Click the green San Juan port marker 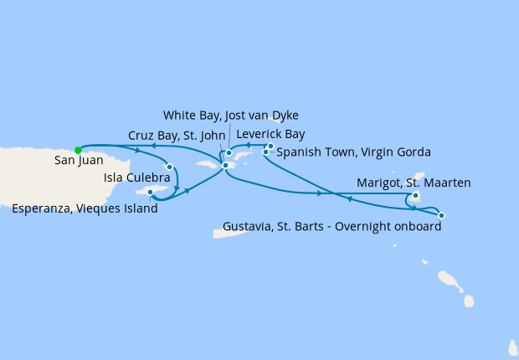point(78,150)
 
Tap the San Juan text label point(76,162)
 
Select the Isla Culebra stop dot point(170,167)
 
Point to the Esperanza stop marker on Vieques point(151,192)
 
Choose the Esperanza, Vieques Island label point(85,209)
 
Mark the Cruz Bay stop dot point(224,166)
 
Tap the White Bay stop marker point(229,153)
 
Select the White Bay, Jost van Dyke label point(230,116)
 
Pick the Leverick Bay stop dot point(270,146)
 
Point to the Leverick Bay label point(270,134)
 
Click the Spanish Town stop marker point(266,152)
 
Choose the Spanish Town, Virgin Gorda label point(353,152)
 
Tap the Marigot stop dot point(416,196)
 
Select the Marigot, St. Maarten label point(414,183)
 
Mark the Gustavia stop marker point(441,215)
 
